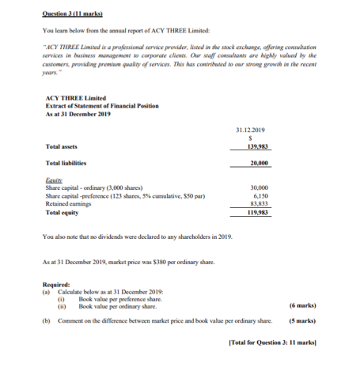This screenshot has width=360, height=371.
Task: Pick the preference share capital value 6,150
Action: (258, 195)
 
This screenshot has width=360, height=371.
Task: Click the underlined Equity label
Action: (54, 180)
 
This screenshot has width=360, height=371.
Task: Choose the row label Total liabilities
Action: (68, 163)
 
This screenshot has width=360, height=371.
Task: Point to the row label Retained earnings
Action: (69, 203)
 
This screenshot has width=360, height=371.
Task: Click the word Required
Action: (56, 284)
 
